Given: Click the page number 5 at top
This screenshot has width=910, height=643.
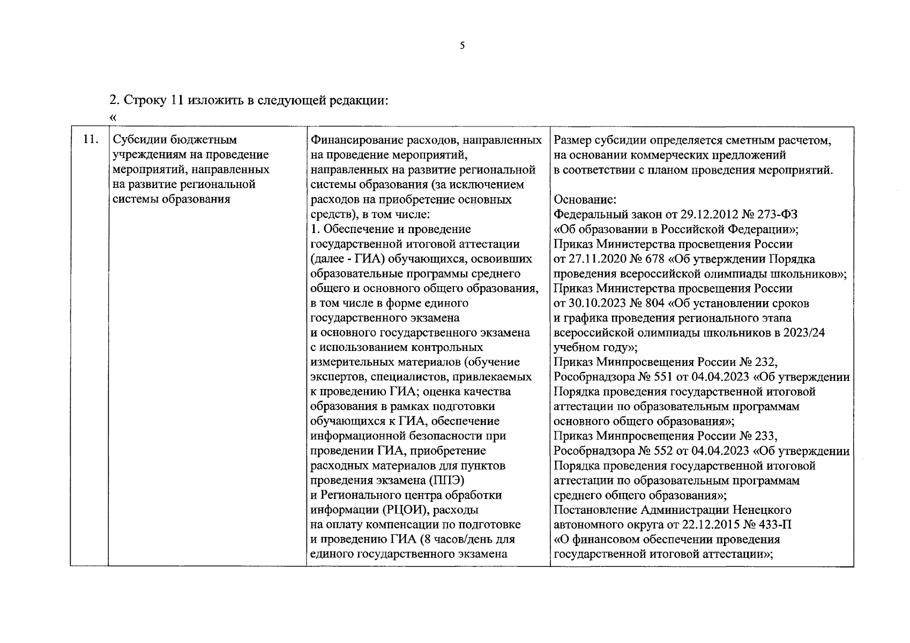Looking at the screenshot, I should click(x=462, y=46).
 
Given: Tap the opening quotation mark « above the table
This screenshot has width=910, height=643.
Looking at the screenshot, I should click(x=112, y=117).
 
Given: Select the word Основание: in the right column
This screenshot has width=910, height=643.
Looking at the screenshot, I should click(x=585, y=200).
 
